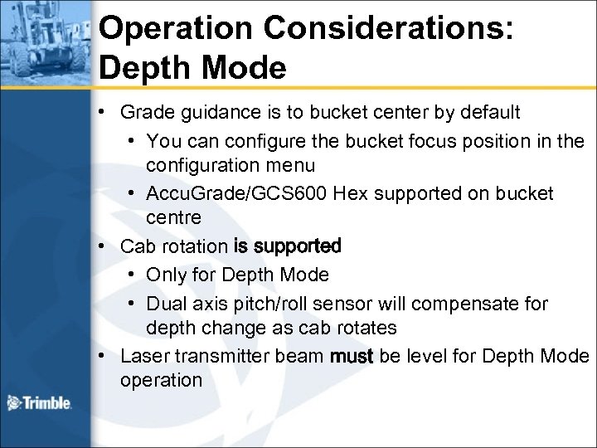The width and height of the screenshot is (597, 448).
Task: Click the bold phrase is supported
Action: pyautogui.click(x=288, y=246)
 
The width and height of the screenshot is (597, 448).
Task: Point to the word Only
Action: pyautogui.click(x=163, y=274)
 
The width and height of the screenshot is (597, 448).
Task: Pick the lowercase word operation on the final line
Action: pyautogui.click(x=161, y=381)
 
